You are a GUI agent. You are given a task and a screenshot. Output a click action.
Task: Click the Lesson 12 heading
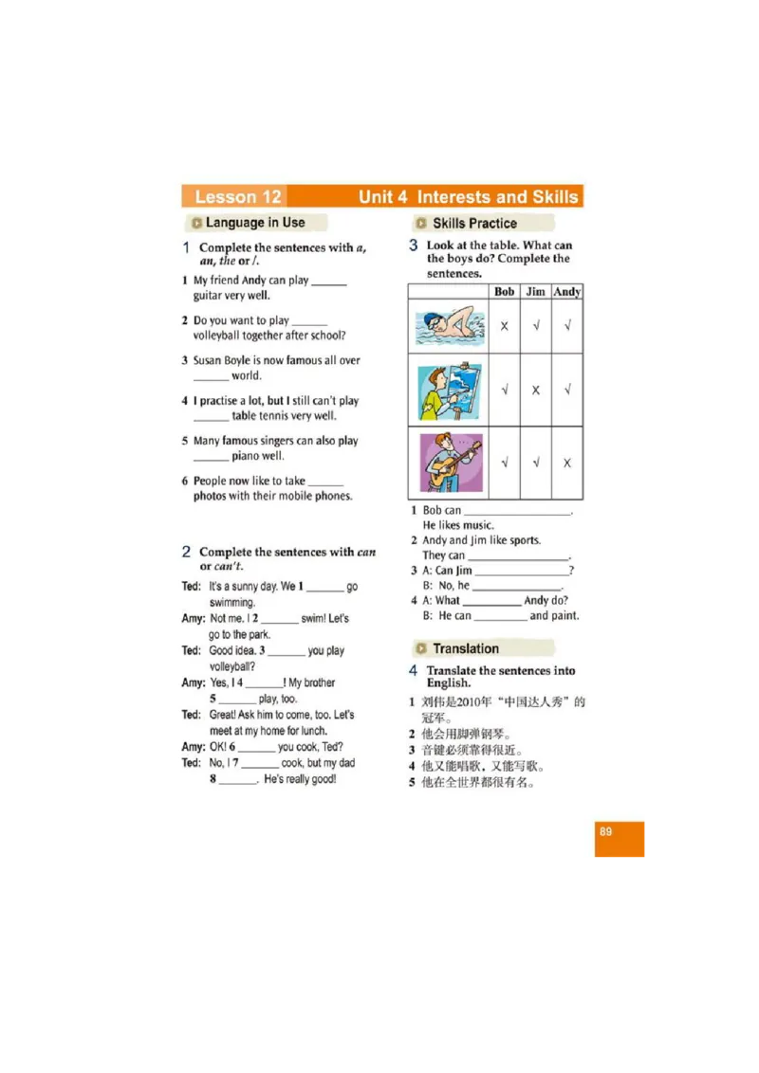pyautogui.click(x=237, y=197)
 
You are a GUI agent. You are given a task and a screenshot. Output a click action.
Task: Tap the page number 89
pyautogui.click(x=605, y=832)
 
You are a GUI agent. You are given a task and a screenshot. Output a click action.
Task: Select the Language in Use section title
pyautogui.click(x=254, y=223)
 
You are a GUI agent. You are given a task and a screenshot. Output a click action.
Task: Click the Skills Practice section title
pyautogui.click(x=474, y=224)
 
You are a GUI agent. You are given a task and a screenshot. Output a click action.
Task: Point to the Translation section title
pyautogui.click(x=465, y=649)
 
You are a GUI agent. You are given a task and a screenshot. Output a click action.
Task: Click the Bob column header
pyautogui.click(x=505, y=292)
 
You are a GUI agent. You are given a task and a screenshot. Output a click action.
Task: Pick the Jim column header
pyautogui.click(x=536, y=292)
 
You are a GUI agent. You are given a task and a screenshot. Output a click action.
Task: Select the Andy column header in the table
pyautogui.click(x=567, y=292)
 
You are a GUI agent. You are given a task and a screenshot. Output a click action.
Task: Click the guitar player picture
pyautogui.click(x=449, y=463)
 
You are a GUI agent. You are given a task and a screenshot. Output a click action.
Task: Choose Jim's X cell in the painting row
pyautogui.click(x=536, y=391)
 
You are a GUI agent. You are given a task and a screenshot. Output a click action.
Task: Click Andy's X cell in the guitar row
pyautogui.click(x=567, y=464)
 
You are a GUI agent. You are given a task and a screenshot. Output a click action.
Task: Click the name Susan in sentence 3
pyautogui.click(x=209, y=360)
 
